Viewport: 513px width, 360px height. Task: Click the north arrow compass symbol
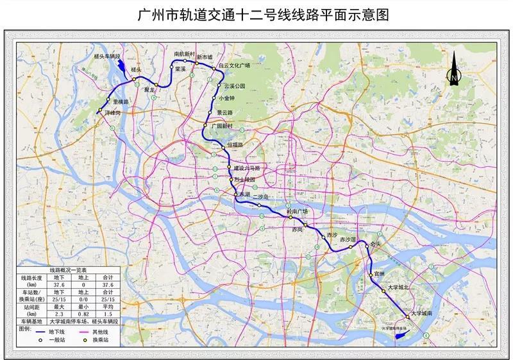(x=454, y=70)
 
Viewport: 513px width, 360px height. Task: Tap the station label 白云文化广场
(x=235, y=65)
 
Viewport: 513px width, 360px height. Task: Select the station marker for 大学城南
(x=407, y=316)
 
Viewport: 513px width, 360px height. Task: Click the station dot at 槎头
(x=134, y=80)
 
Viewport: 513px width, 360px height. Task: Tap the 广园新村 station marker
(x=205, y=125)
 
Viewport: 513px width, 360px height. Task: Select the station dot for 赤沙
(x=323, y=236)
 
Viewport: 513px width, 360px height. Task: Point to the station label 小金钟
(x=227, y=98)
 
